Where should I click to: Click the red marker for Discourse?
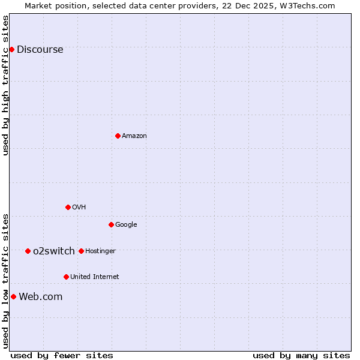point(11,49)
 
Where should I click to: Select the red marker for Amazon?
point(118,136)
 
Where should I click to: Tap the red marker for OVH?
point(68,207)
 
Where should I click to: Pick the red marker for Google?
point(111,224)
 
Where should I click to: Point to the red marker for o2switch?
point(28,251)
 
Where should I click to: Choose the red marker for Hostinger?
point(81,251)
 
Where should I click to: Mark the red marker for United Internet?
point(66,277)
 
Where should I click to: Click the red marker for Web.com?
point(13,296)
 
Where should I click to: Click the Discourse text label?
point(40,50)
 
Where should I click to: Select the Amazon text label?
point(134,136)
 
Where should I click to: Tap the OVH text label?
point(79,208)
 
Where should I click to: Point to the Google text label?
point(126,225)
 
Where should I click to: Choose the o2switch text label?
point(54,251)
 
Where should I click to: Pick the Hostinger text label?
point(100,251)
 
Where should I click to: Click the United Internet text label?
point(94,277)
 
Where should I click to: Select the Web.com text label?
point(40,297)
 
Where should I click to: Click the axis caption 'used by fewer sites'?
point(62,355)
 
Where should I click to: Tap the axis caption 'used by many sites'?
point(301,355)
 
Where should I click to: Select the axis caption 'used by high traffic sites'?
point(6,85)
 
